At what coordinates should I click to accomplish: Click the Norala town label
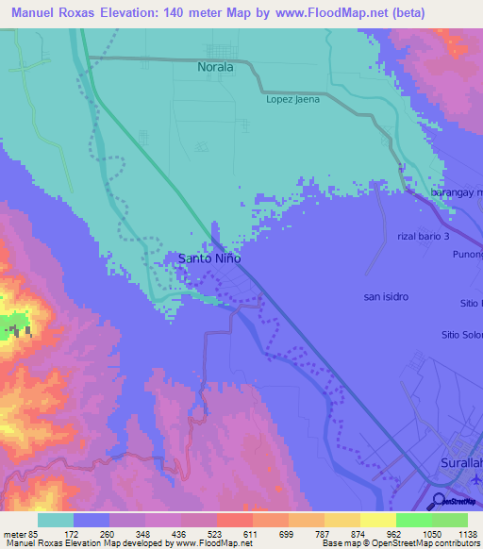215,68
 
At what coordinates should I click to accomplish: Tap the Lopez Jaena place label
292,99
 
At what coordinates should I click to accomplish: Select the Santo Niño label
209,258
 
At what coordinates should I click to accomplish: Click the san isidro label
386,296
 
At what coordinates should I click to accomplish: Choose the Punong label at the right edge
467,254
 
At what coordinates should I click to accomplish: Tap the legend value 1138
456,533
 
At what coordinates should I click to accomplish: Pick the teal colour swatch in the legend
56,520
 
